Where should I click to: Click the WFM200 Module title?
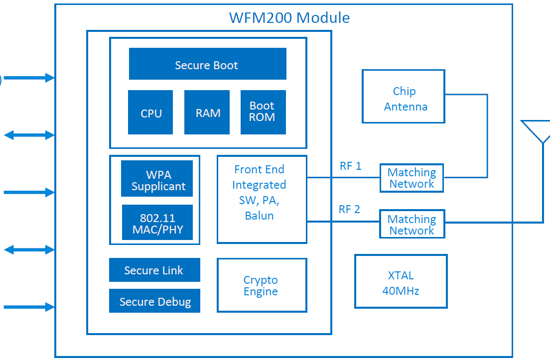coord(289,18)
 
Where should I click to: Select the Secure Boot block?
coord(207,64)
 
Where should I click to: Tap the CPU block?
coord(150,113)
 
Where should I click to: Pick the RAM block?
coord(207,113)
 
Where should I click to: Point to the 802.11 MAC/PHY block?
coord(157,223)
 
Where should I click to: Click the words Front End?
coord(259,170)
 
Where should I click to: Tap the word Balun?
coord(259,216)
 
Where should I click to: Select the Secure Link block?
coord(154,270)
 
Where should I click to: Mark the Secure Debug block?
coord(154,301)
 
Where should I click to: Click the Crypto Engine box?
coord(262,285)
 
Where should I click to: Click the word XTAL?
coord(401,275)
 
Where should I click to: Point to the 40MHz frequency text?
coord(401,291)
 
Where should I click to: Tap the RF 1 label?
coord(350,166)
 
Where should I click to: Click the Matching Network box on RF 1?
coord(412,178)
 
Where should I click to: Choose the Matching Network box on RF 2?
coord(412,224)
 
